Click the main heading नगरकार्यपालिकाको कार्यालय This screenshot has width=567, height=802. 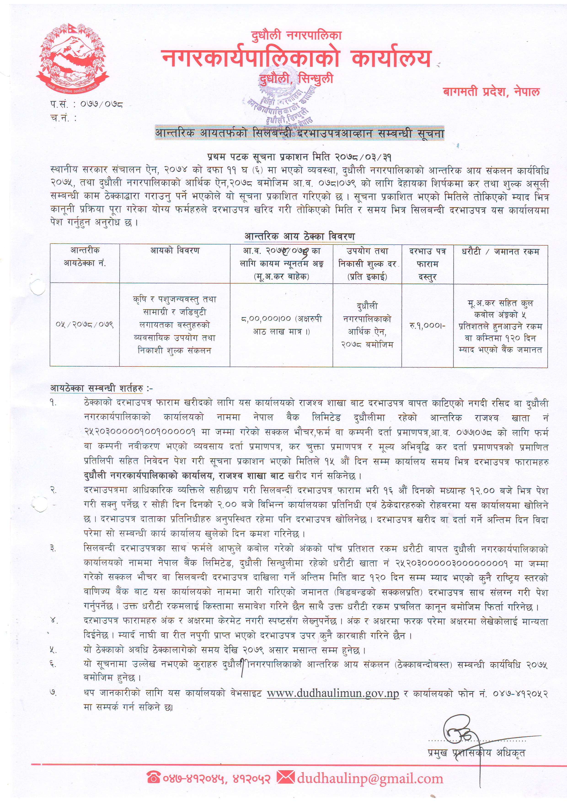(296, 58)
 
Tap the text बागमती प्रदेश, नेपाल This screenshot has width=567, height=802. (491, 92)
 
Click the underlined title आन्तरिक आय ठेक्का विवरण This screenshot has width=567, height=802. (300, 236)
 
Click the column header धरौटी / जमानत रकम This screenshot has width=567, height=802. (500, 251)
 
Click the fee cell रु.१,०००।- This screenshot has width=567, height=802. (427, 326)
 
